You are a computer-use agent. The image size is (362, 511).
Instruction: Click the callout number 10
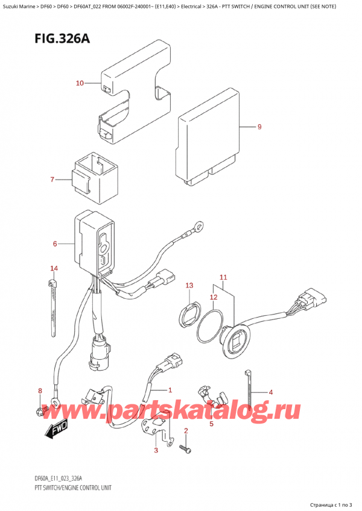coord(80,83)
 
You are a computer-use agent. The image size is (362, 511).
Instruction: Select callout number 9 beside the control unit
coord(259,127)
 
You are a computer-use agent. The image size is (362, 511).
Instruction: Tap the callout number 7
coord(52,180)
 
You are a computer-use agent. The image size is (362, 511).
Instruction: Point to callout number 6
coord(55,244)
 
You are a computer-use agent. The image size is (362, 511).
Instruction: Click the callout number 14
coord(54,268)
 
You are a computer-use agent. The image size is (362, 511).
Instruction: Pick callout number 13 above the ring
coord(189,285)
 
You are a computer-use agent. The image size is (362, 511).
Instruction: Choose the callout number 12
coord(212,297)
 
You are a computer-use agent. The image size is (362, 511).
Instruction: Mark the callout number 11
coord(223,278)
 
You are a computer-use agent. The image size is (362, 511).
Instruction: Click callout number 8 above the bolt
coord(40,391)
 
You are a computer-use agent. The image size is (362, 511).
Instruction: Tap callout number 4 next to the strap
coord(271,393)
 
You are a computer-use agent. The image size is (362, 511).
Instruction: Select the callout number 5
coord(211,424)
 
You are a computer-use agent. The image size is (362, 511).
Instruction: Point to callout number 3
coord(156,450)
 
